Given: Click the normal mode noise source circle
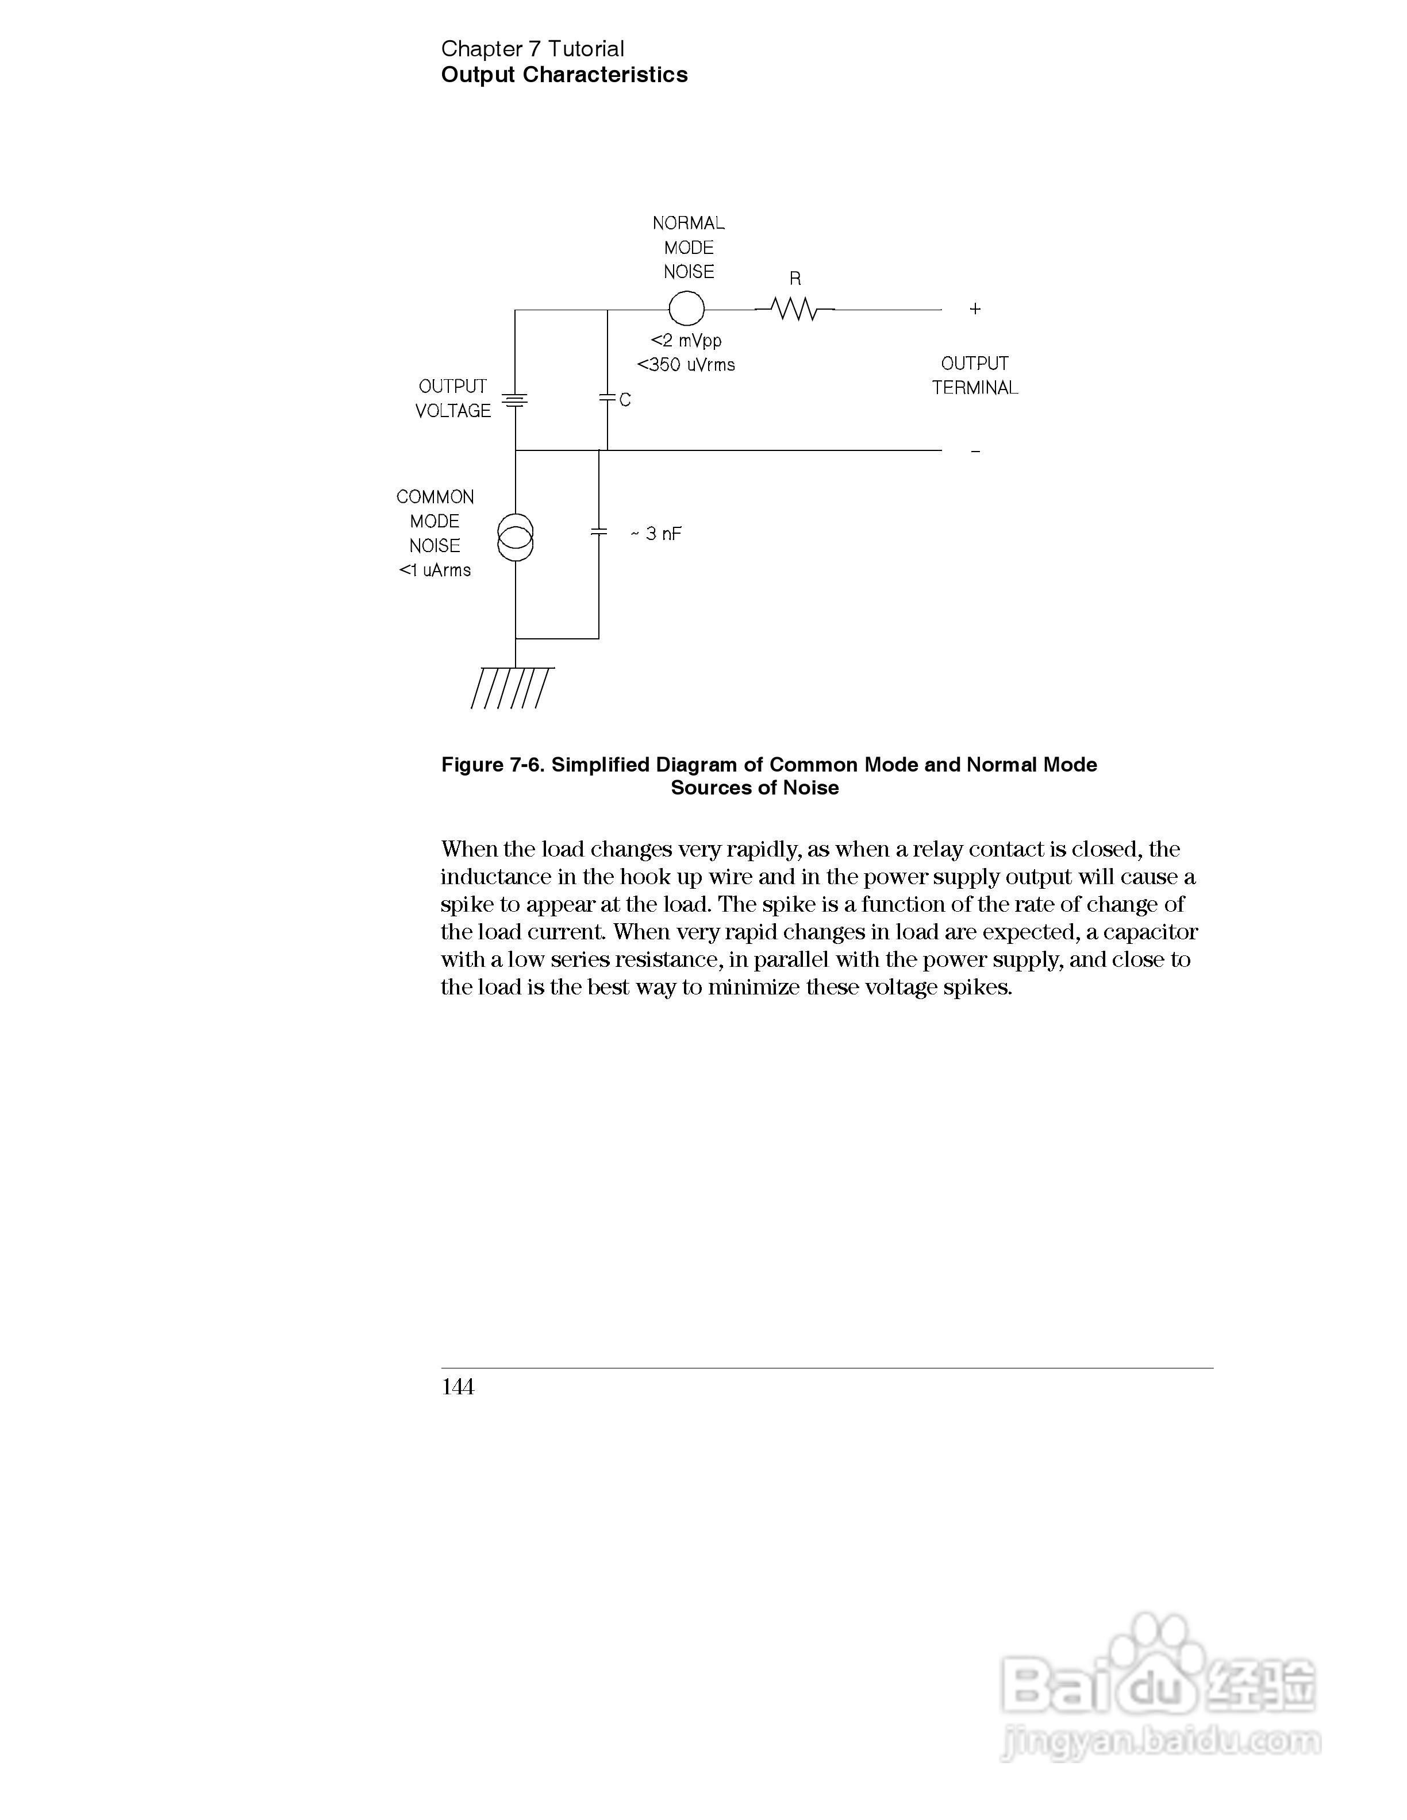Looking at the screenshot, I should [x=686, y=309].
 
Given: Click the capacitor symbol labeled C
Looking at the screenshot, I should [x=608, y=399].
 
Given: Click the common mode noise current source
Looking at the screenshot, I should [x=515, y=538].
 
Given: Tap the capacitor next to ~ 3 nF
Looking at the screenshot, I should [x=598, y=531].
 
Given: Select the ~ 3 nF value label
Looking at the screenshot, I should [x=656, y=534].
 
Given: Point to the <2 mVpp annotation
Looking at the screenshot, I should [x=686, y=341].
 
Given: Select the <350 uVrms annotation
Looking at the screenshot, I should [x=686, y=365].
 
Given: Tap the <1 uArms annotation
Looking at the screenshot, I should [x=435, y=571].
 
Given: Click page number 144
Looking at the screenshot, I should [x=458, y=1387].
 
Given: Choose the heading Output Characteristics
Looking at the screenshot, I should [x=564, y=75].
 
